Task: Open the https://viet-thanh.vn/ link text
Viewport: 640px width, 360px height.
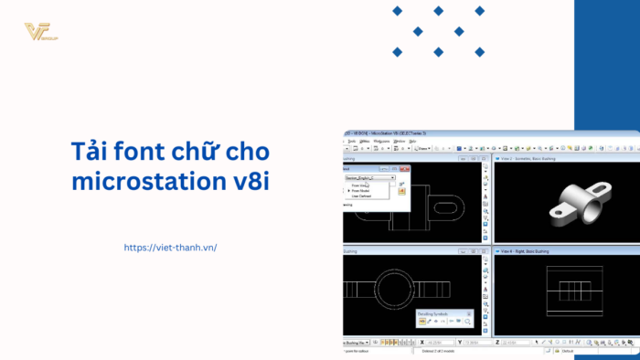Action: [170, 248]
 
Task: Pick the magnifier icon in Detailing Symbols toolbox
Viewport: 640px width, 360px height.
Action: [467, 323]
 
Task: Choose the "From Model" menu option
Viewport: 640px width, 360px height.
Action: [362, 190]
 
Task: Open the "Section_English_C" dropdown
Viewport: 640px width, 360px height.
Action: [369, 177]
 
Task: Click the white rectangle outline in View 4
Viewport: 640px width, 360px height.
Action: [567, 292]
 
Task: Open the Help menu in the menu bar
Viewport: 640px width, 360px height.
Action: [412, 141]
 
